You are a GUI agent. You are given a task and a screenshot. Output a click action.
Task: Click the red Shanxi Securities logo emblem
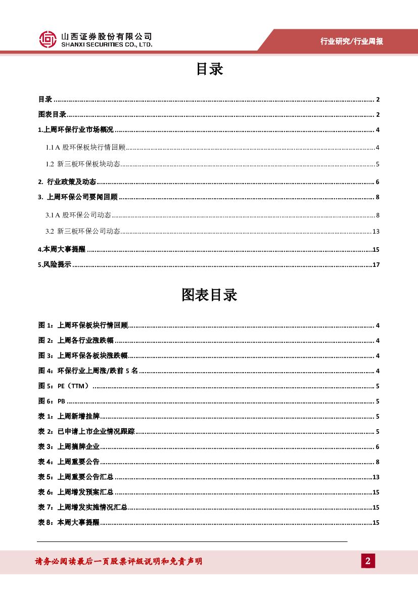coord(48,39)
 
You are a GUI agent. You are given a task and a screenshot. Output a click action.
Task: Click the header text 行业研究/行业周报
coord(352,41)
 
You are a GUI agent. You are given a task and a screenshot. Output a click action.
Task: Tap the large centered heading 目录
coord(209,69)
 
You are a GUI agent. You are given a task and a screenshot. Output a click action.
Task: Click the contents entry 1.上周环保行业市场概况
coord(76,130)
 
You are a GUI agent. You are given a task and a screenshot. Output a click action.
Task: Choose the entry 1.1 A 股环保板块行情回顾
coord(85,148)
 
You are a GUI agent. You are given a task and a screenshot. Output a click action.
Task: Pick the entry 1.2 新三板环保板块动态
coord(83,164)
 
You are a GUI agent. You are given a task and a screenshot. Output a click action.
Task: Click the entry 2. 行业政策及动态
coord(67,182)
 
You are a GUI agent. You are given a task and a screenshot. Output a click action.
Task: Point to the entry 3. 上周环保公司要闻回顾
coord(78,197)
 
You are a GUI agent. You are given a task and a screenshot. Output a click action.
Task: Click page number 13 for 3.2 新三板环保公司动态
coord(376,232)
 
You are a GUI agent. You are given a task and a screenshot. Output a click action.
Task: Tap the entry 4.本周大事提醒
coord(62,249)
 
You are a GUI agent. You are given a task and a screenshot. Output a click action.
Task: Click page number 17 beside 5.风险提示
coord(376,264)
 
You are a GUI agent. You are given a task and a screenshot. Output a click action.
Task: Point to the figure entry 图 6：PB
coord(52,401)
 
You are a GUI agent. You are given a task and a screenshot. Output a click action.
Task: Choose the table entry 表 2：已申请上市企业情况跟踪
coord(86,432)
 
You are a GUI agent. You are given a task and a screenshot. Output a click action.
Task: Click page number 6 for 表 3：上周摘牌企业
coord(378,447)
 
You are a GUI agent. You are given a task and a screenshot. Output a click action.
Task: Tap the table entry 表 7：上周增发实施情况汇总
coord(83,508)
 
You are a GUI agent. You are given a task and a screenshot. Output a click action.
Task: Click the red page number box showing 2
coord(368,561)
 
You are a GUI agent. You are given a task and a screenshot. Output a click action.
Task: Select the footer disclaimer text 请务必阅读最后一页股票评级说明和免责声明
coord(118,561)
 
